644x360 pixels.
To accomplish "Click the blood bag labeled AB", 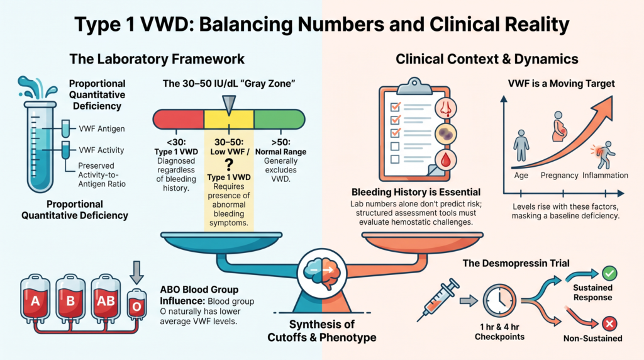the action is [106, 297].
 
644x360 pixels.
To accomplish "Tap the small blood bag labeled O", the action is [136, 305].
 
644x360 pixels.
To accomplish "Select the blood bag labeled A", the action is [35, 298].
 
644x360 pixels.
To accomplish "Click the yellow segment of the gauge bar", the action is [229, 120].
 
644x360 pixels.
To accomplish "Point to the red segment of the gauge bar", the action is [179, 120].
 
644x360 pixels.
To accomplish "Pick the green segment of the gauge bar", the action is [279, 120].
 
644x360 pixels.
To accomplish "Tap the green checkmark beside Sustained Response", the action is [609, 273].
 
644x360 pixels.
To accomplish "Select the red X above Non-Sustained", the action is [609, 324].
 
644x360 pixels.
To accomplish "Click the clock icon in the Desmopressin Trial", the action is [499, 301].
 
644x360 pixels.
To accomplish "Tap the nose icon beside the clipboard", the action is [446, 108].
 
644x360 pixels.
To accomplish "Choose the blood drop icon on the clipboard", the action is [446, 160].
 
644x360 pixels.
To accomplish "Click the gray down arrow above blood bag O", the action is [136, 273].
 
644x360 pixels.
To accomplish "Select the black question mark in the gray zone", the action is [229, 165].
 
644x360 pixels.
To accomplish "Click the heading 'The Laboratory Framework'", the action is [157, 59].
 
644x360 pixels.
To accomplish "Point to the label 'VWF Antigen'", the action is [102, 128].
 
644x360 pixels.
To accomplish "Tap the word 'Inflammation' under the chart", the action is [605, 176].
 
